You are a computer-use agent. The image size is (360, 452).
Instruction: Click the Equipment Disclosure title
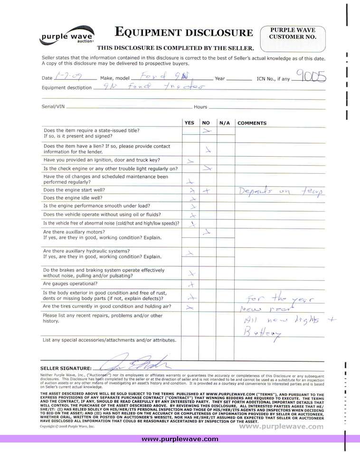pyautogui.click(x=184, y=32)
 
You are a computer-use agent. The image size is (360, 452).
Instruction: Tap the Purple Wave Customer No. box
pyautogui.click(x=293, y=39)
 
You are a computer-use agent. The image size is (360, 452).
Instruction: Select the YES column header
pyautogui.click(x=189, y=123)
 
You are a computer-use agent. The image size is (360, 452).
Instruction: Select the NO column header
pyautogui.click(x=206, y=123)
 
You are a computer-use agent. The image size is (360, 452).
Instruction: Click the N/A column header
pyautogui.click(x=224, y=123)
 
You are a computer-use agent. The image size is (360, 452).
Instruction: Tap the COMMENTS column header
pyautogui.click(x=252, y=123)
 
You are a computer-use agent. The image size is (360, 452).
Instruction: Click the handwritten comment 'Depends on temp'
pyautogui.click(x=280, y=191)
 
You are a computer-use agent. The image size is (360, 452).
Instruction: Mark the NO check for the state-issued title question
pyautogui.click(x=207, y=130)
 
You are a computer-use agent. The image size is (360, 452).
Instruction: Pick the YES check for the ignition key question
pyautogui.click(x=190, y=161)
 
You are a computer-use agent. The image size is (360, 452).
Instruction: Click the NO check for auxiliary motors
pyautogui.click(x=207, y=232)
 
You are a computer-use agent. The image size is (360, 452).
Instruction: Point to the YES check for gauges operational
pyautogui.click(x=191, y=284)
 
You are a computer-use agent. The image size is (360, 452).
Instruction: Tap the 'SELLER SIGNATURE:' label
pyautogui.click(x=66, y=368)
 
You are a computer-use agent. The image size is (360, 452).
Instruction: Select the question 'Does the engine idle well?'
pyautogui.click(x=73, y=198)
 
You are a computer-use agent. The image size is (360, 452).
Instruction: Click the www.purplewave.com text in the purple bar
pyautogui.click(x=180, y=439)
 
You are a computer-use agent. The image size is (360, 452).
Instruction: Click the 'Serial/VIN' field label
pyautogui.click(x=53, y=107)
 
